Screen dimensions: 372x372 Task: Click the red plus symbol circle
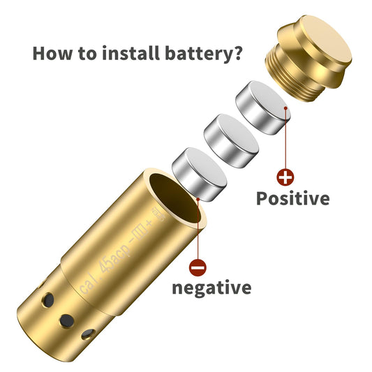point(285,177)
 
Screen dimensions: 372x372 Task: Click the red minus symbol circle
point(198,267)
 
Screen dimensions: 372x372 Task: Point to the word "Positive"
point(293,198)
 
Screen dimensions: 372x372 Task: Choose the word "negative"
point(211,288)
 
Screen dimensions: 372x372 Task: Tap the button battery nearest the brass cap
point(263,107)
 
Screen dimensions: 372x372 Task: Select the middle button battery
point(231,141)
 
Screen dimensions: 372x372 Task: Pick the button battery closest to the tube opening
point(200,174)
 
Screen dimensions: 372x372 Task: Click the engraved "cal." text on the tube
point(87,285)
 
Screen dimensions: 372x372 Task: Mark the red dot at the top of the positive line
point(285,108)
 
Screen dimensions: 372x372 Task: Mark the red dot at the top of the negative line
point(198,200)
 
